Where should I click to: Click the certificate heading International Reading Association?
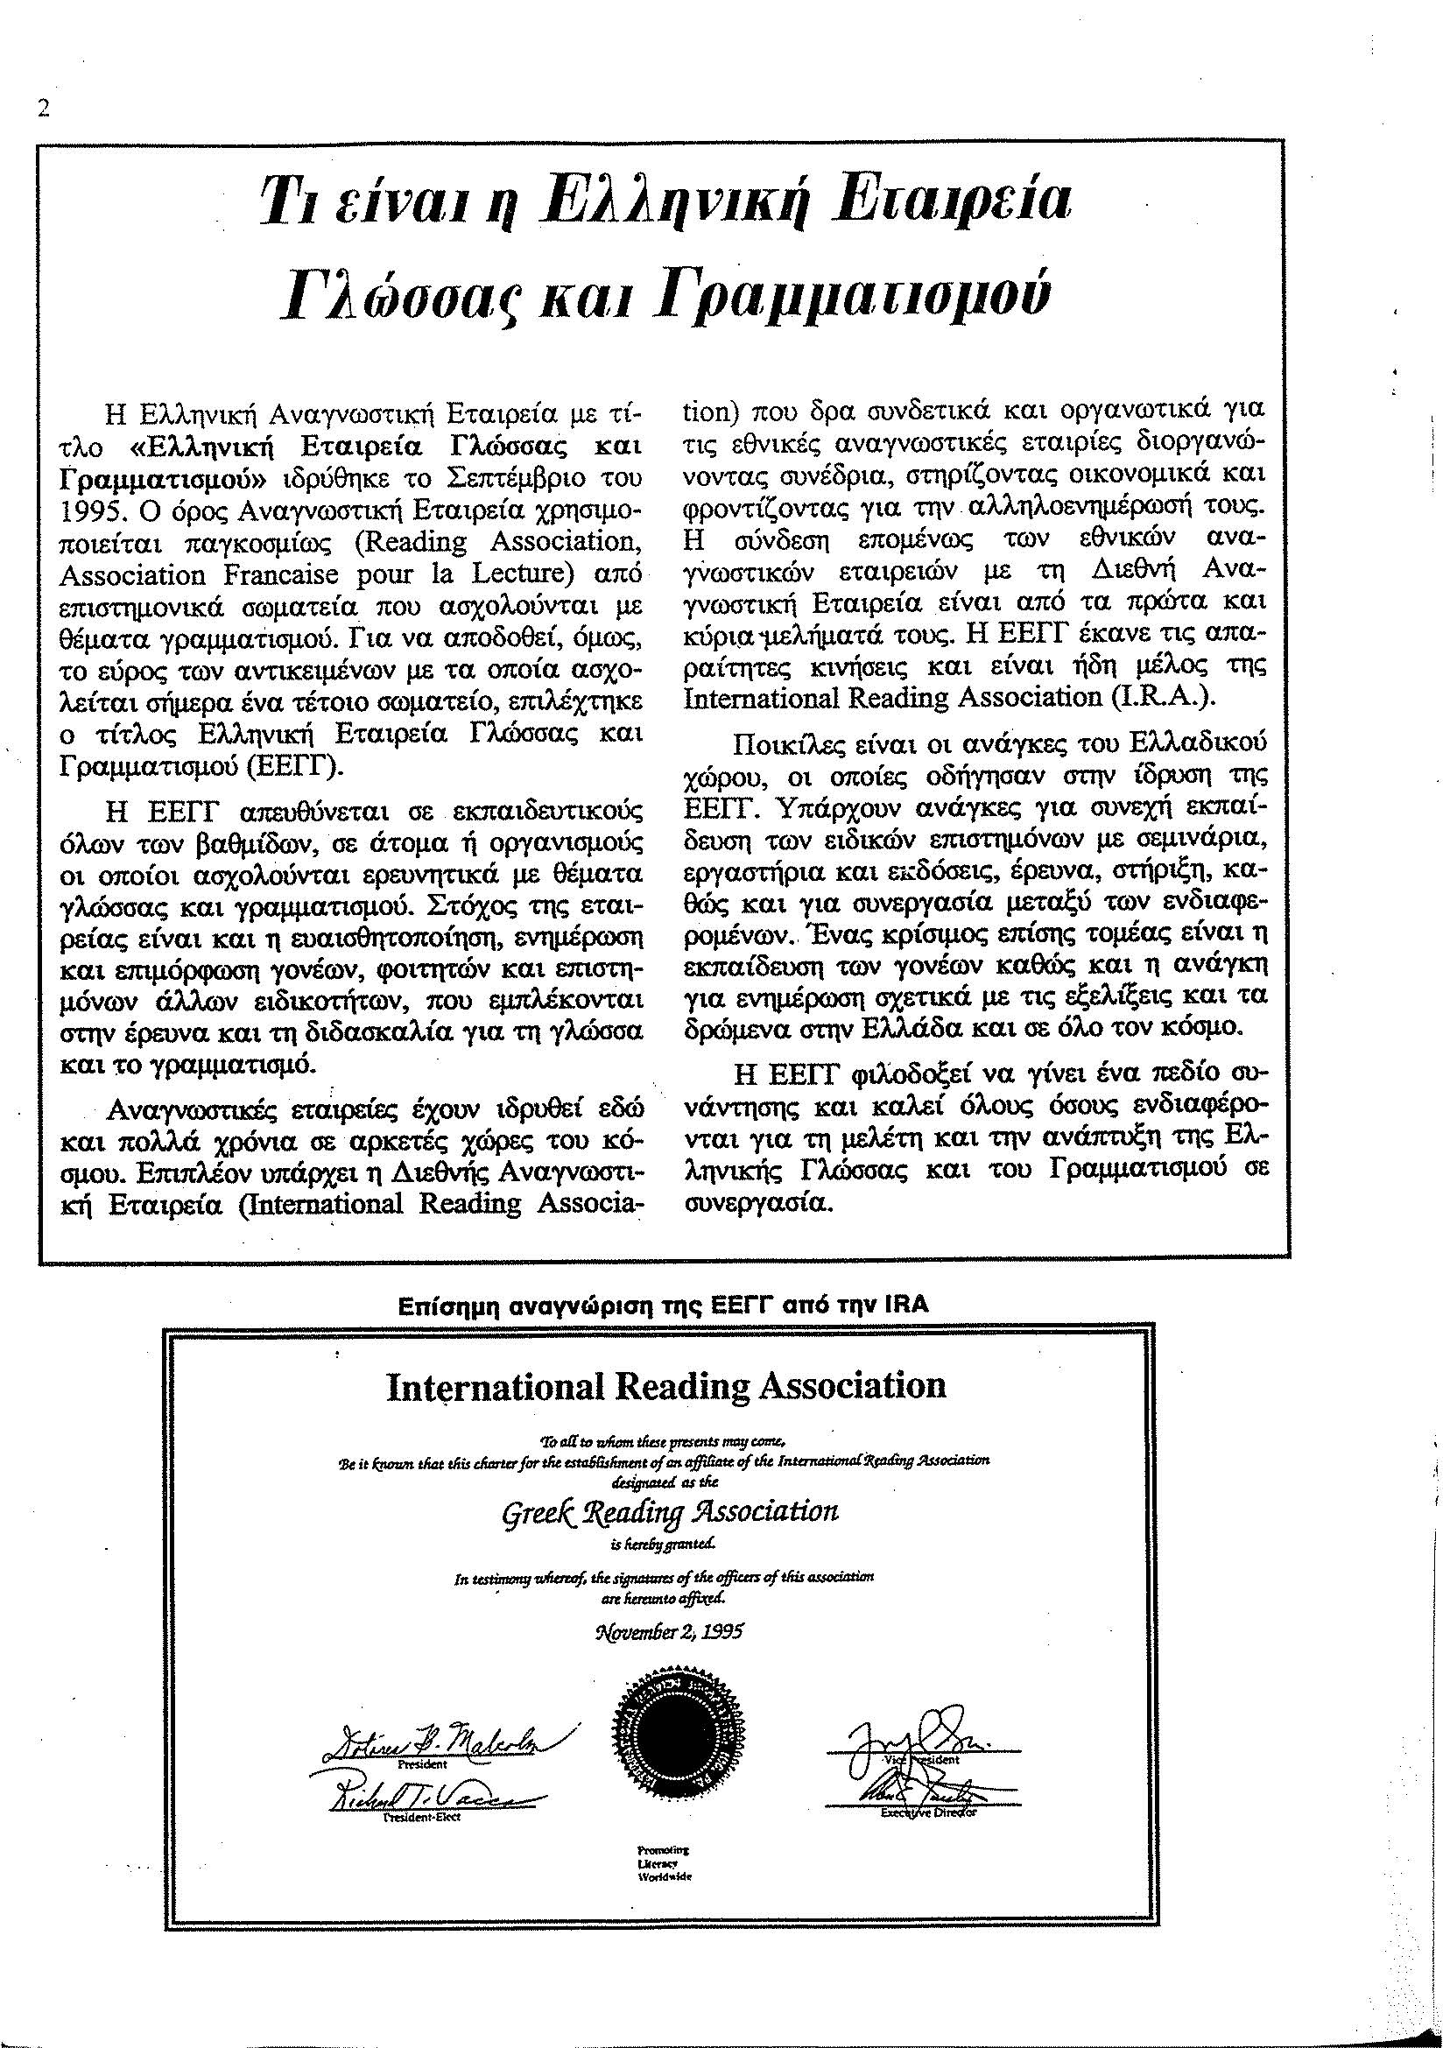[x=665, y=1385]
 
